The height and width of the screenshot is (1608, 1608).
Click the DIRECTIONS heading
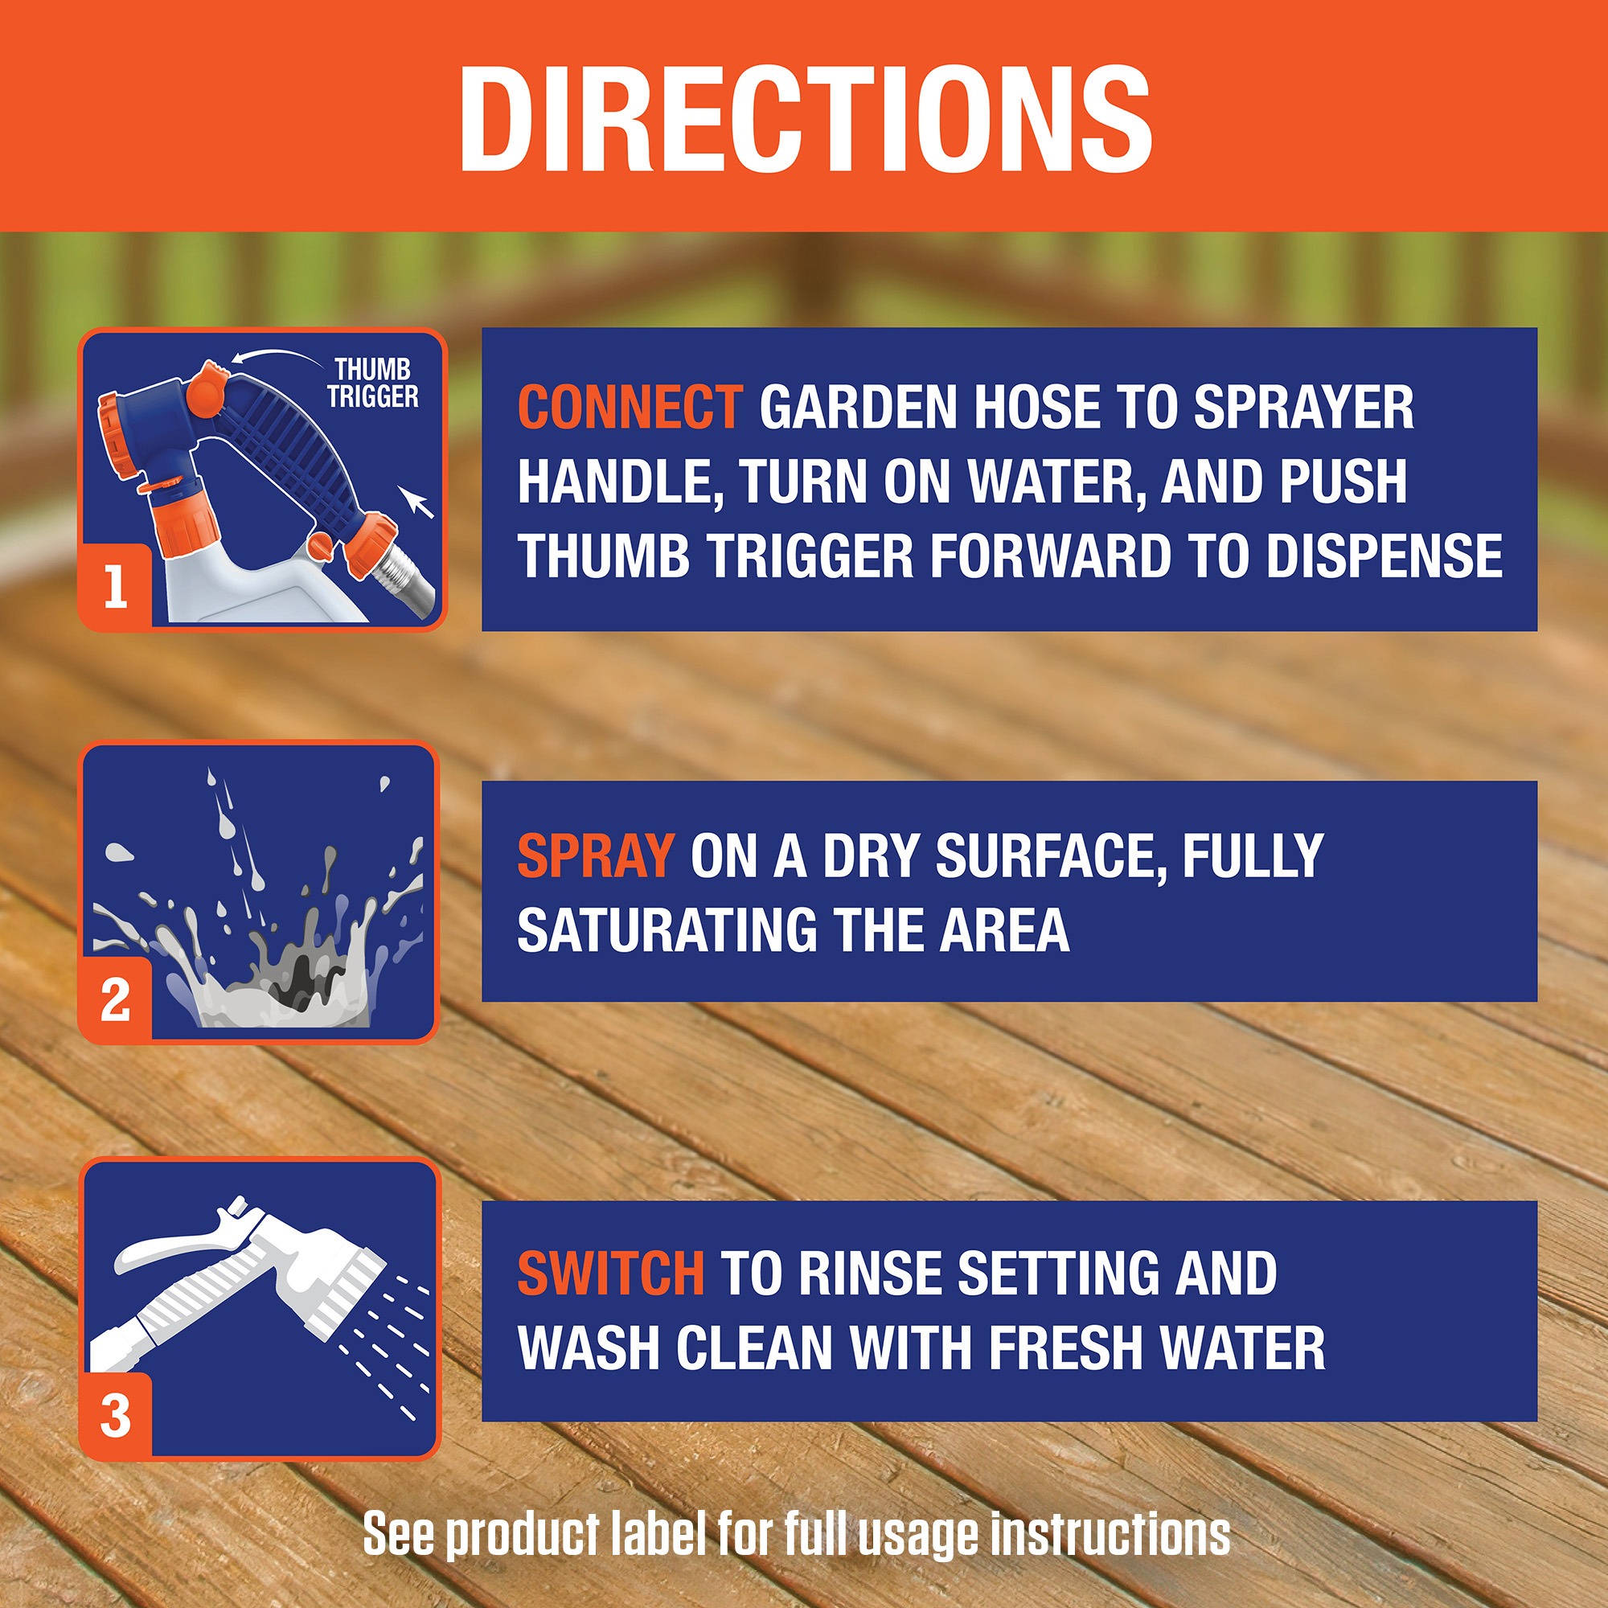pyautogui.click(x=804, y=119)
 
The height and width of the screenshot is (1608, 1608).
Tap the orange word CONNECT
pyautogui.click(x=630, y=407)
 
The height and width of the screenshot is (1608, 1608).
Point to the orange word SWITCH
pyautogui.click(x=610, y=1274)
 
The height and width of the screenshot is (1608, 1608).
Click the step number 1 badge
pyautogui.click(x=116, y=587)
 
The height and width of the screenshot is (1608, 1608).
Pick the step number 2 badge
pyautogui.click(x=116, y=1000)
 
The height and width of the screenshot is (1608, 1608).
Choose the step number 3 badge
pyautogui.click(x=116, y=1416)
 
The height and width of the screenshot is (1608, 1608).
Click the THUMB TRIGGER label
pyautogui.click(x=373, y=383)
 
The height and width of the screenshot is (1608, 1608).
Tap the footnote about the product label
pyautogui.click(x=797, y=1533)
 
